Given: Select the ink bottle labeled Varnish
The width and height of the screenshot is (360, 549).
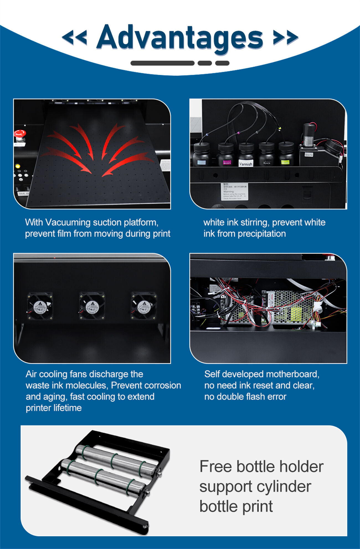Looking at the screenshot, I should (x=246, y=155).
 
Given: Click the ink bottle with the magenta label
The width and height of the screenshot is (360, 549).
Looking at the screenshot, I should (x=226, y=155).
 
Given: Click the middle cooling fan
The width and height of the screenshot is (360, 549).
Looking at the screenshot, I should (x=92, y=306).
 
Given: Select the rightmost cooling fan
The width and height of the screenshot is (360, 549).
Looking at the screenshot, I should (x=144, y=306).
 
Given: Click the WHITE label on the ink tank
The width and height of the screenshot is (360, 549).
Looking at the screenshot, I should (x=309, y=155).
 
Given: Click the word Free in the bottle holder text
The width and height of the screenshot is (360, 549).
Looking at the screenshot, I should (x=215, y=466).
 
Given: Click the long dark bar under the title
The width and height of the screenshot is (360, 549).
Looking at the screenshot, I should (x=162, y=63).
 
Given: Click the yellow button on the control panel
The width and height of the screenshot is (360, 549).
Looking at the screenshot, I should (x=18, y=166).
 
